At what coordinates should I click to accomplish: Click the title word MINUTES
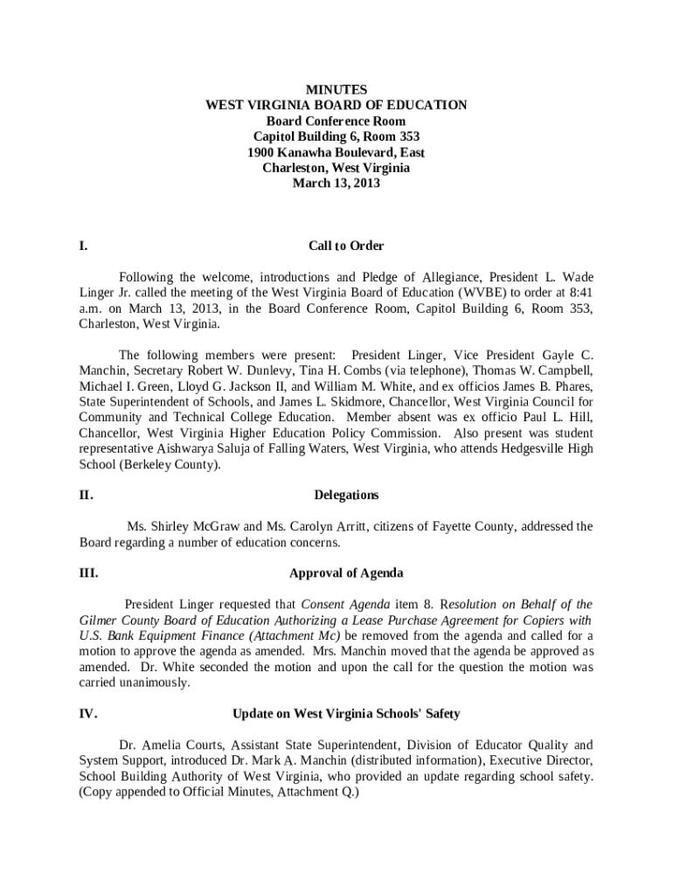(336, 90)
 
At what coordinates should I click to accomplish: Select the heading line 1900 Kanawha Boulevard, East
(336, 152)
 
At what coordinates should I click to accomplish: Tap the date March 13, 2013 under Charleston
(336, 184)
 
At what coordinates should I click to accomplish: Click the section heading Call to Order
(346, 246)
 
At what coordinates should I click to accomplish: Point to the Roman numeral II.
(86, 495)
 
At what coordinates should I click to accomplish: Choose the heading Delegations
(346, 495)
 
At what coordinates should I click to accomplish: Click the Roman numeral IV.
(87, 713)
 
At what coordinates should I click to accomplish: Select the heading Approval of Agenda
(346, 573)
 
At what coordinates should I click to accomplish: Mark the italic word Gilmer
(97, 620)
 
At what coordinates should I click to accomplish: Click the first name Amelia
(157, 745)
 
